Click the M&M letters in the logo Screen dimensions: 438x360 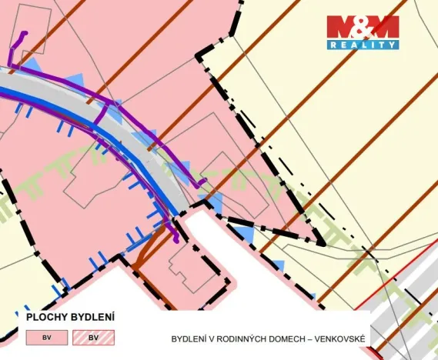point(363,28)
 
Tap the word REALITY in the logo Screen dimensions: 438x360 point(363,45)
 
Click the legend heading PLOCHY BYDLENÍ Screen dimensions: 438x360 point(70,317)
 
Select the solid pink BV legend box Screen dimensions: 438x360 point(46,337)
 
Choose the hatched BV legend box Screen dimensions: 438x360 point(93,337)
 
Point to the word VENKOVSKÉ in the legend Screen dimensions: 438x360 point(339,338)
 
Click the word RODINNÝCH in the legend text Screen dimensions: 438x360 point(240,338)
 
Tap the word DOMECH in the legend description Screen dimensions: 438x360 point(286,338)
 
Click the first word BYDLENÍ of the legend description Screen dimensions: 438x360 point(189,338)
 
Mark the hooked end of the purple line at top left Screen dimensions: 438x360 point(24,35)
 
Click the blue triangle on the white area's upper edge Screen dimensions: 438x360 point(242,231)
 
